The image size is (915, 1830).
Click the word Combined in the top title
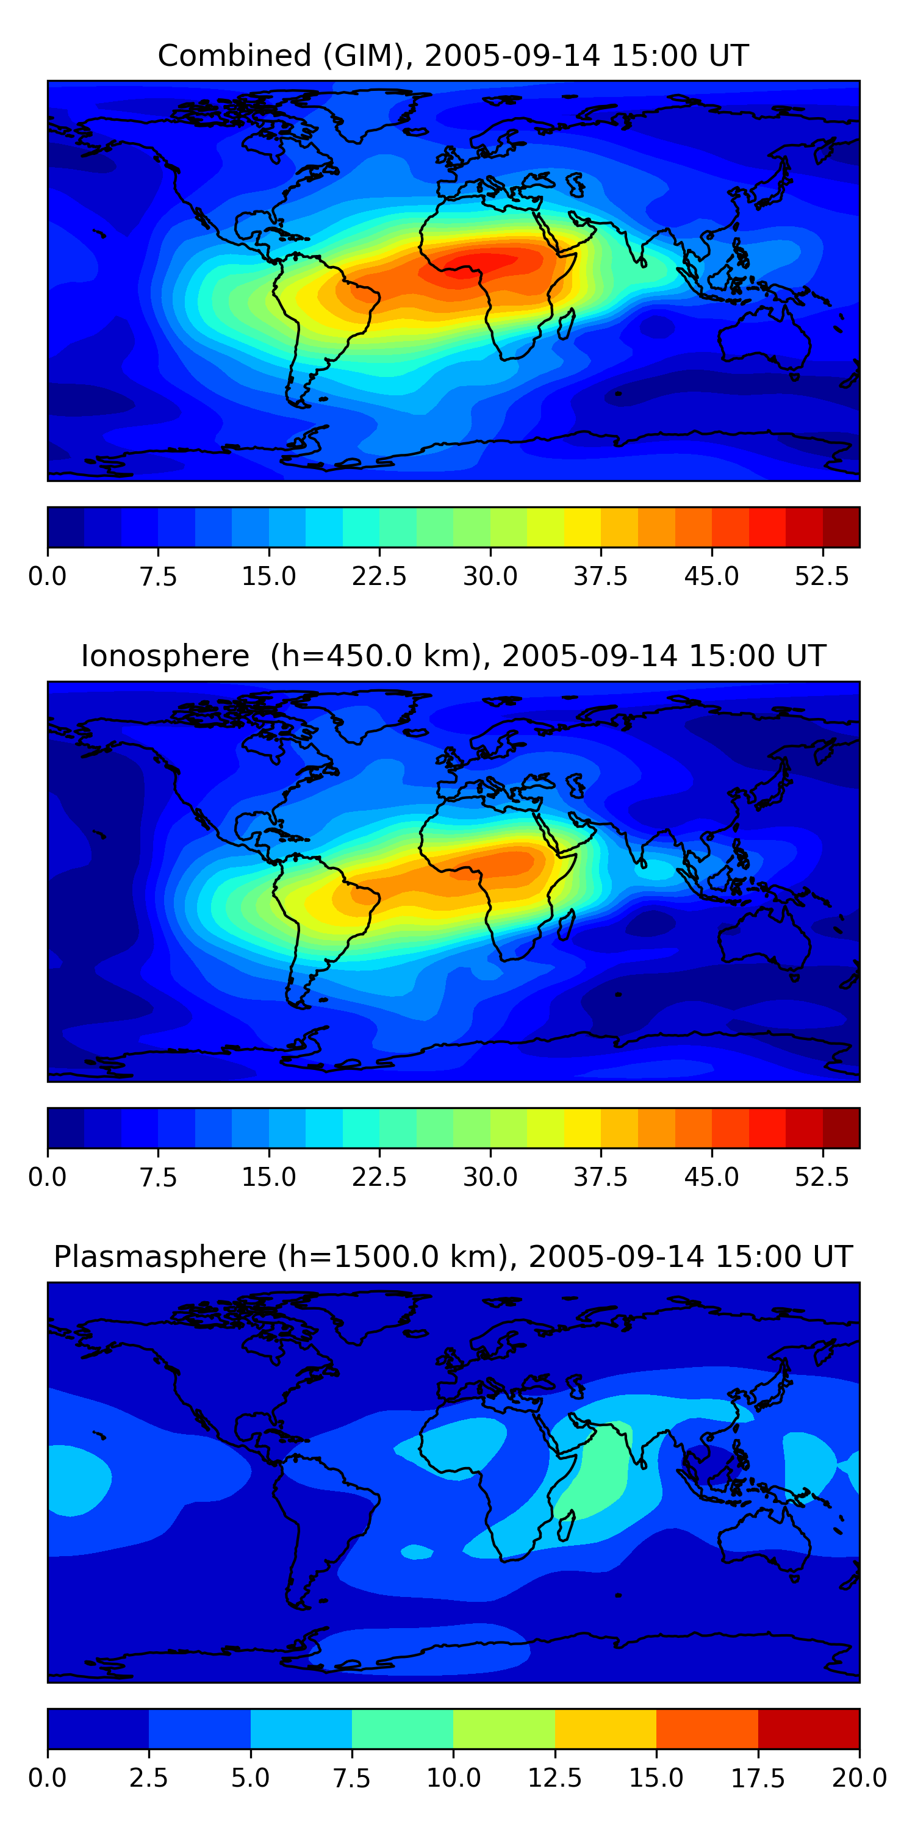(x=234, y=56)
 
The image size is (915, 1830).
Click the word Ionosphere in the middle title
(x=165, y=656)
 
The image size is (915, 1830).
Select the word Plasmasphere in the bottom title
(x=160, y=1257)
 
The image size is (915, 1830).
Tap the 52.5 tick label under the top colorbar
(x=822, y=576)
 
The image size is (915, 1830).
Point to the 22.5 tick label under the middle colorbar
(x=379, y=1177)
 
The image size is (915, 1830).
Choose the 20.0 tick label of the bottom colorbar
(x=859, y=1778)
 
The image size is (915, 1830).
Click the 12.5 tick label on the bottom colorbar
(x=555, y=1778)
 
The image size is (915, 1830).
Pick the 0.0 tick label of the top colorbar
(x=48, y=576)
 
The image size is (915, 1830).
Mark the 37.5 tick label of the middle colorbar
(x=601, y=1177)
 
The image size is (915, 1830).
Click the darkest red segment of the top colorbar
(x=841, y=527)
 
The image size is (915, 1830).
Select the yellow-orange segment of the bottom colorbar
(x=605, y=1728)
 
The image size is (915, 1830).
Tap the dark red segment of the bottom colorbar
(x=808, y=1728)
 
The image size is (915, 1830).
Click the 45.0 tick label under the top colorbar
(x=712, y=576)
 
